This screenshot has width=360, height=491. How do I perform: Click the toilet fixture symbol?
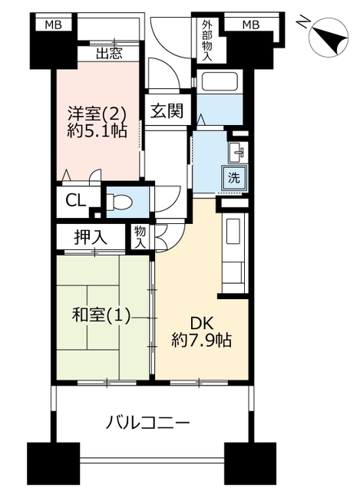click(x=119, y=202)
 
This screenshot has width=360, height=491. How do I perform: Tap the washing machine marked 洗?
click(x=234, y=178)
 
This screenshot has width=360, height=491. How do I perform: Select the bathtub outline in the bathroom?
click(x=219, y=82)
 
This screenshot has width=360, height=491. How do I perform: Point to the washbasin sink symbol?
click(x=238, y=152)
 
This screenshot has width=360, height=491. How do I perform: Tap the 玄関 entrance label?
click(x=167, y=110)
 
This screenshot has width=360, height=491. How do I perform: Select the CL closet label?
click(x=75, y=201)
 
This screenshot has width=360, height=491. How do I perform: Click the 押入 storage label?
click(x=91, y=237)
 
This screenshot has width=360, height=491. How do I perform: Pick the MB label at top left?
click(x=53, y=25)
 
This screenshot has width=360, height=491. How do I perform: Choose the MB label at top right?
click(x=251, y=25)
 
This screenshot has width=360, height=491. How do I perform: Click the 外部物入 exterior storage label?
click(x=207, y=41)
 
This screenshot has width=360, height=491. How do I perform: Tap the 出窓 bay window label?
click(x=109, y=54)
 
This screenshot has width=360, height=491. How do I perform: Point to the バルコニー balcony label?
click(x=148, y=423)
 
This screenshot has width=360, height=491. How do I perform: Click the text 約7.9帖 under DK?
click(x=201, y=340)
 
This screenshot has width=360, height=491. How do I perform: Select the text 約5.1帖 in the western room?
click(x=97, y=131)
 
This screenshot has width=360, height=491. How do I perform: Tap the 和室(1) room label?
click(x=101, y=315)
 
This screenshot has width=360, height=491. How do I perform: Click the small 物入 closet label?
click(x=140, y=237)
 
